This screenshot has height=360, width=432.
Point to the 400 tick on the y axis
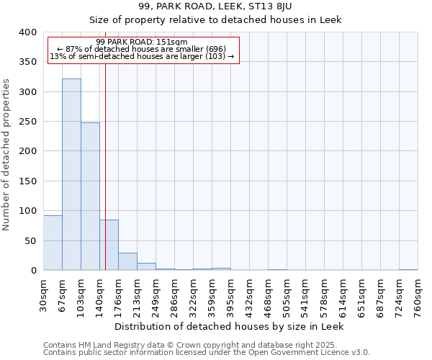click(x=27, y=32)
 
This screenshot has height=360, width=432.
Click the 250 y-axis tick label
click(x=27, y=122)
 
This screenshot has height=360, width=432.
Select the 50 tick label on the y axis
click(x=30, y=240)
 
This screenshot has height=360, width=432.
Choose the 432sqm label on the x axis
click(x=249, y=294)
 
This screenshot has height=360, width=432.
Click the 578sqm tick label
click(x=324, y=294)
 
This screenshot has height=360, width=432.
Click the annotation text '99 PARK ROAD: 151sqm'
click(x=141, y=42)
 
